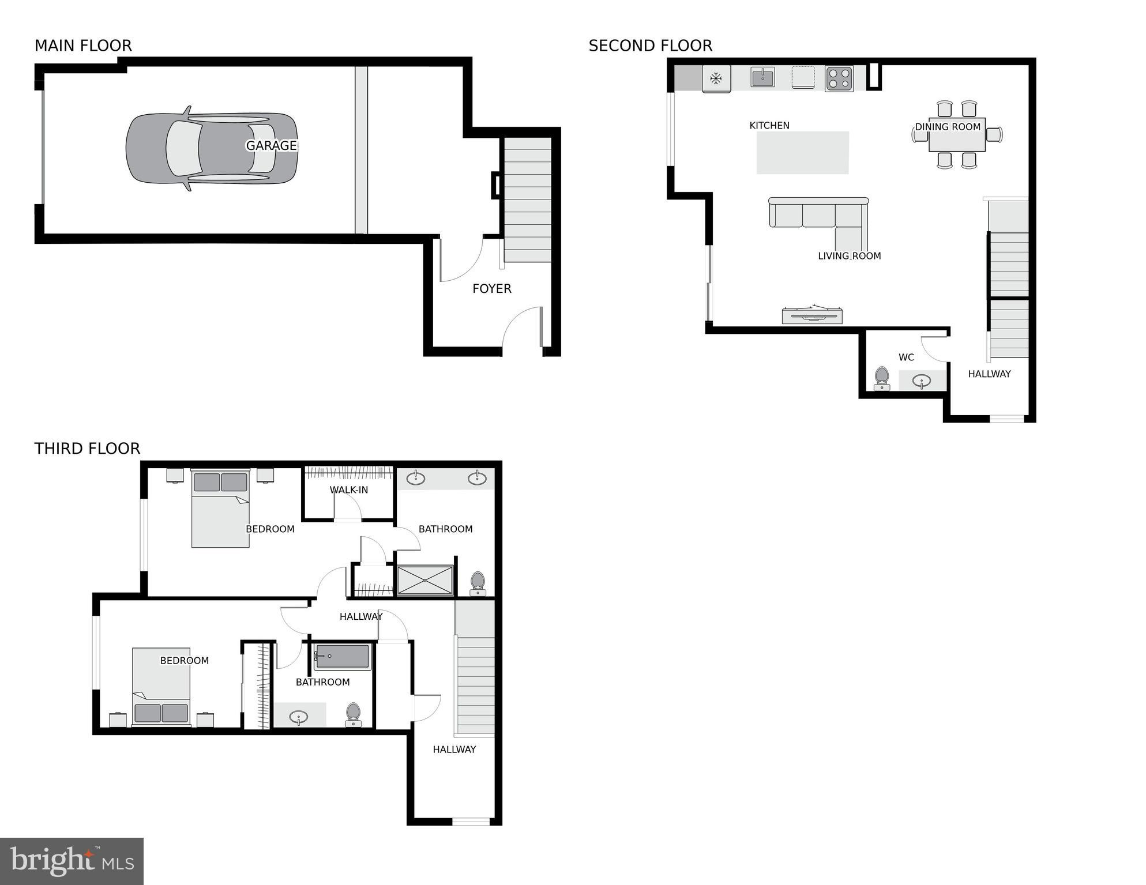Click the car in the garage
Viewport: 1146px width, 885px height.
click(x=212, y=148)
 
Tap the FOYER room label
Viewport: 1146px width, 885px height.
click(x=491, y=288)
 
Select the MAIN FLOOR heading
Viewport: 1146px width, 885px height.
click(x=83, y=46)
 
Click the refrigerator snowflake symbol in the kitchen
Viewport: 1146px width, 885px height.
click(x=716, y=78)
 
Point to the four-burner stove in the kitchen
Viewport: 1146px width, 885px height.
click(x=839, y=79)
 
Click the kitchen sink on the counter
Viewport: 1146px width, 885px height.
click(x=762, y=77)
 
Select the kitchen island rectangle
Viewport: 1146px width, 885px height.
click(x=802, y=153)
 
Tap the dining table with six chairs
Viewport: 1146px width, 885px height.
click(x=956, y=135)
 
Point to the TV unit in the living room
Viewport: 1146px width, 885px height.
click(x=812, y=315)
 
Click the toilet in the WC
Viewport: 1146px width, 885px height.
click(x=881, y=378)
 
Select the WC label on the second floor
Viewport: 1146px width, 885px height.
click(x=906, y=357)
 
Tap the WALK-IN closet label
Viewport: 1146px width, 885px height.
click(x=348, y=490)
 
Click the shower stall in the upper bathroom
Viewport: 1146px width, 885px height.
click(x=425, y=580)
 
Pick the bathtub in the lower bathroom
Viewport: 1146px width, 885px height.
click(x=342, y=657)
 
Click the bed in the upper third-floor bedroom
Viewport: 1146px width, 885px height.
click(x=220, y=509)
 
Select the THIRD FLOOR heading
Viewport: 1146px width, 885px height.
click(x=87, y=449)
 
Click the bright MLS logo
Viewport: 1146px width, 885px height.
click(x=72, y=861)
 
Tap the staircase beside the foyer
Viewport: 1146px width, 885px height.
click(x=527, y=199)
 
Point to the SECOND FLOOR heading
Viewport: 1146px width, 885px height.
click(x=650, y=46)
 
